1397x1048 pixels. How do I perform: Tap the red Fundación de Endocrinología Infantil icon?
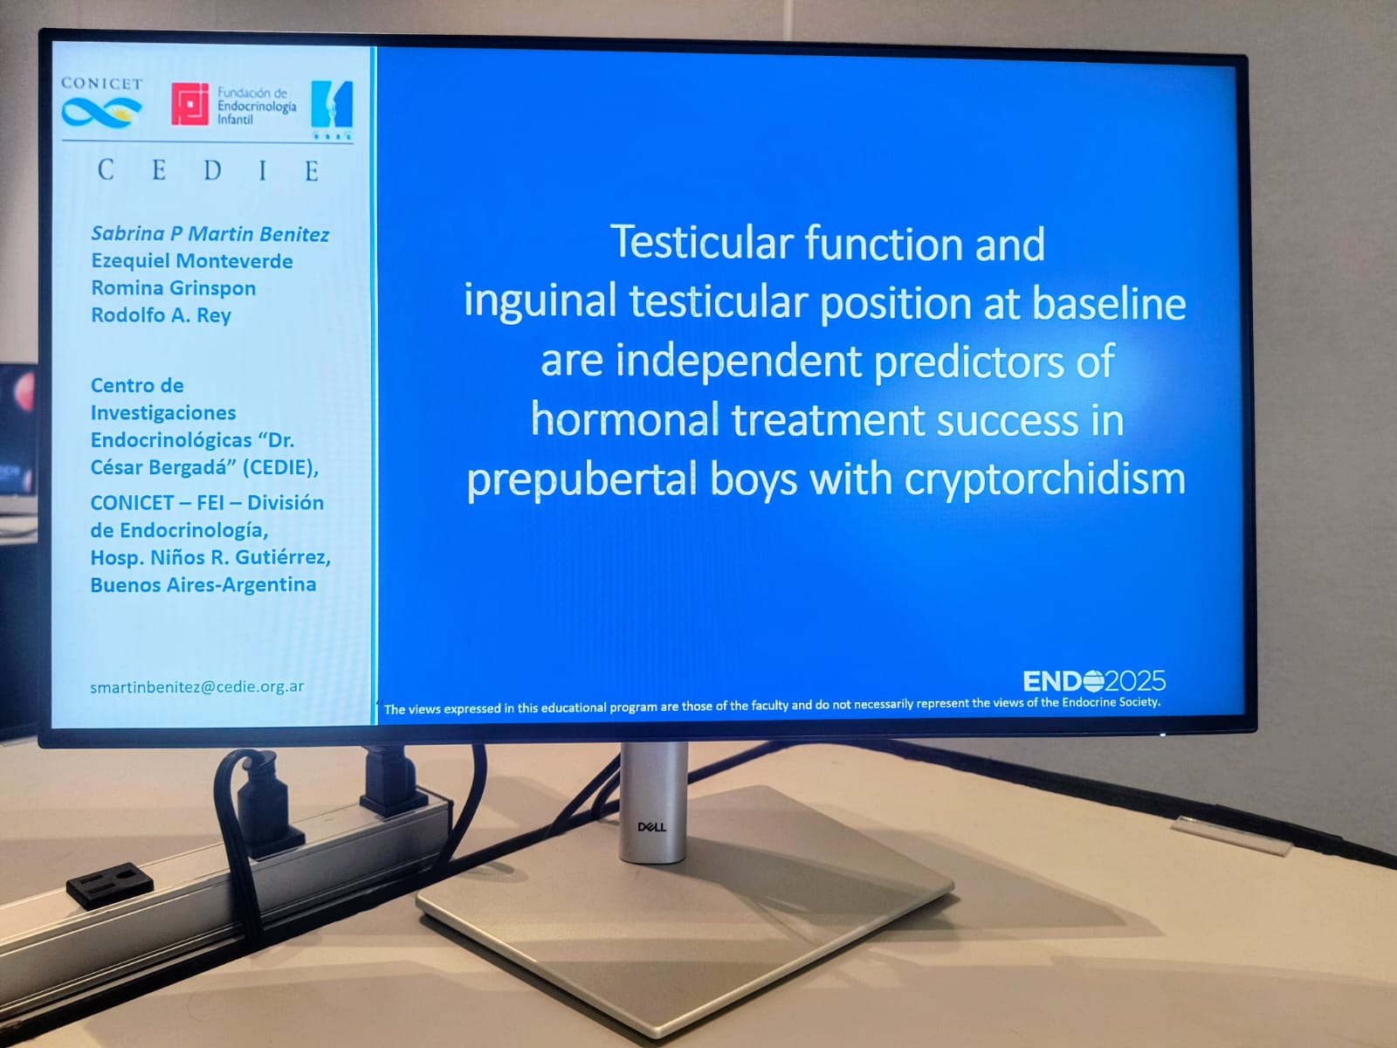tap(189, 104)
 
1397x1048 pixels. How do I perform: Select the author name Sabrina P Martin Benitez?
tap(210, 234)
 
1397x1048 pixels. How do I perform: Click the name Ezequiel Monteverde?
tap(191, 261)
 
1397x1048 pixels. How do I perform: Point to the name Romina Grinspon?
tap(173, 288)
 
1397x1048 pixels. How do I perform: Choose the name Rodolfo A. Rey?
tap(161, 315)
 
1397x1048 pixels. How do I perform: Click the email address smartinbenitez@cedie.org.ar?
tap(196, 687)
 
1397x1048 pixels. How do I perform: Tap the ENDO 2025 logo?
tap(1094, 681)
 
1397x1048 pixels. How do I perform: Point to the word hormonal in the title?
tap(625, 420)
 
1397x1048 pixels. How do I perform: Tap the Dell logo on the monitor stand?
tap(651, 827)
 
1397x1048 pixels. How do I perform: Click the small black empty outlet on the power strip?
tap(110, 884)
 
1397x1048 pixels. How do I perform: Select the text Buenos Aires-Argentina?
tap(203, 585)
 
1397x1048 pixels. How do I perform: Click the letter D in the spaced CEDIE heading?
tap(212, 170)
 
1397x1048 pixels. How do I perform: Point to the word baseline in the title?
tap(1109, 302)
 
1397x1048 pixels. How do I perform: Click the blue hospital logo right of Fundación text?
tap(332, 110)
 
